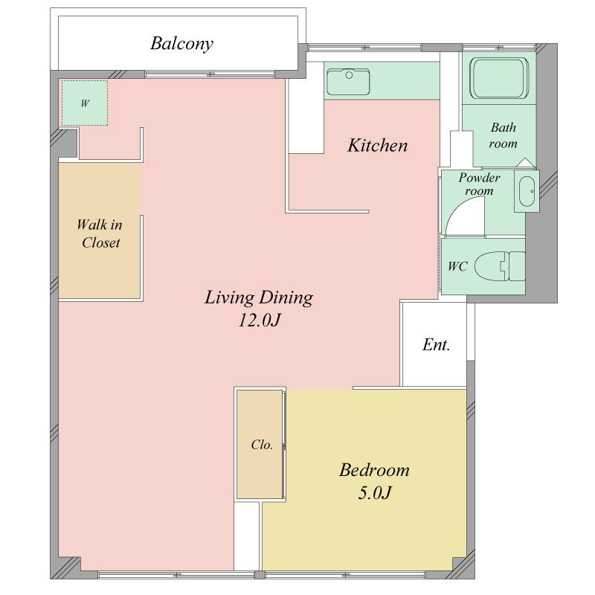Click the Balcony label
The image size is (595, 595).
[181, 44]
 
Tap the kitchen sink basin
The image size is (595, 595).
[348, 82]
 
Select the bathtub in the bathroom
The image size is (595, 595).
[499, 78]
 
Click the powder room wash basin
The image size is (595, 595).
[527, 191]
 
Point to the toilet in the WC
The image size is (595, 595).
[500, 266]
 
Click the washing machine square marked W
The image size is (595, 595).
[85, 103]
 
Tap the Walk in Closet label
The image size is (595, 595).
[100, 234]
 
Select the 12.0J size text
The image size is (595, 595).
[259, 320]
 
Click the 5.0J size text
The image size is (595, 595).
[375, 492]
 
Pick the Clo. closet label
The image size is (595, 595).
[262, 444]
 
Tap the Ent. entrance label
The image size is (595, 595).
[436, 344]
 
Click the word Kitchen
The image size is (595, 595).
[378, 145]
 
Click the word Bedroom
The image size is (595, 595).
[375, 470]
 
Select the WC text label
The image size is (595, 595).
[457, 266]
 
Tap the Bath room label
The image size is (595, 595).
[504, 135]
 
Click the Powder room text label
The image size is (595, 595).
[479, 184]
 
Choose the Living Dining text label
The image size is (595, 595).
[259, 297]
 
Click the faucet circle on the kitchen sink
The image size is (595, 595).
[349, 75]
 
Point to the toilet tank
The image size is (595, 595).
[517, 266]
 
